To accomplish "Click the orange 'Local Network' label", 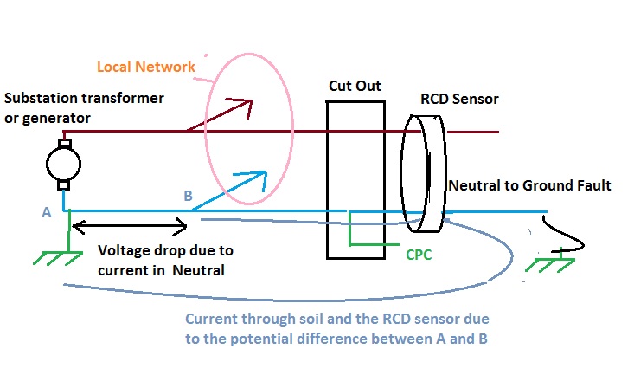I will coord(144,67).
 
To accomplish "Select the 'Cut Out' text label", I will coord(355,87).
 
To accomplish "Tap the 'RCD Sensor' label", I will coord(459,100).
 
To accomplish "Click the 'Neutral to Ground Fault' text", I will coord(529,184).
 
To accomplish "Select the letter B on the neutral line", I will coord(188,196).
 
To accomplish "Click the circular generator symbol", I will coord(62,163).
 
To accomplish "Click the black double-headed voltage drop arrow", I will coord(130,228).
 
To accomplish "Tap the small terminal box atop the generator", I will coord(63,142).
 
